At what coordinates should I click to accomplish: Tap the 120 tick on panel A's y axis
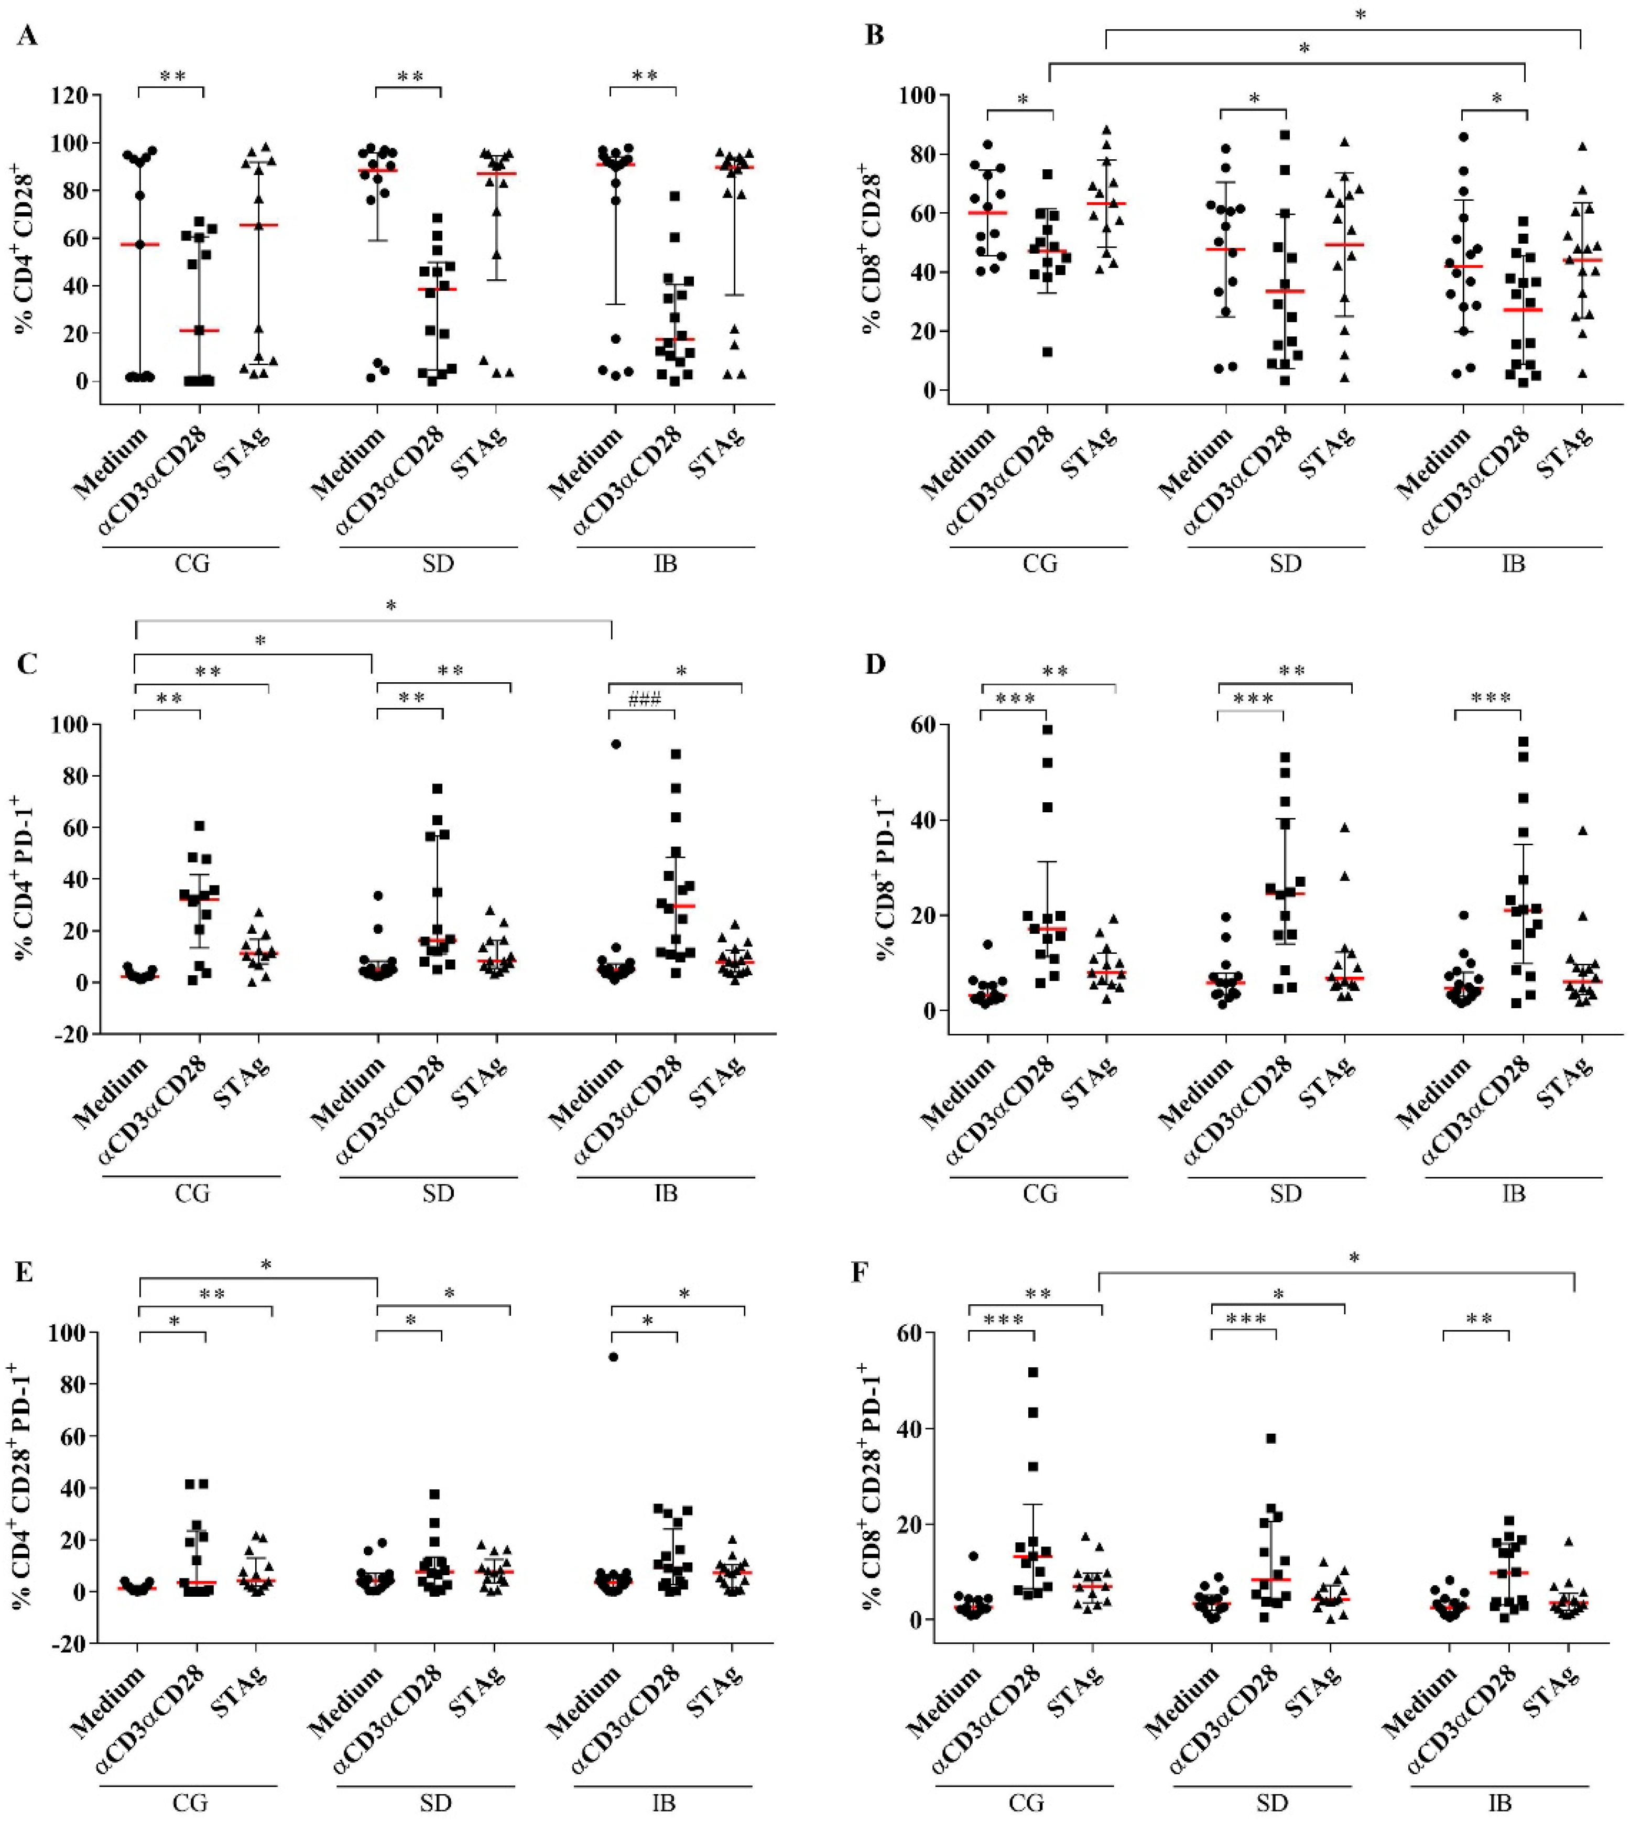click(74, 95)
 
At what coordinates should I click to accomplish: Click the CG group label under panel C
click(192, 1193)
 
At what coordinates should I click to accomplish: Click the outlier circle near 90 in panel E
click(613, 1357)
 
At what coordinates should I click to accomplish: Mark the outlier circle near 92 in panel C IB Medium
click(616, 744)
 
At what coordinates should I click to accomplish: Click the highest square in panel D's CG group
click(1047, 729)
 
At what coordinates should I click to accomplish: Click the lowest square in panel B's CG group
click(1047, 351)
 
